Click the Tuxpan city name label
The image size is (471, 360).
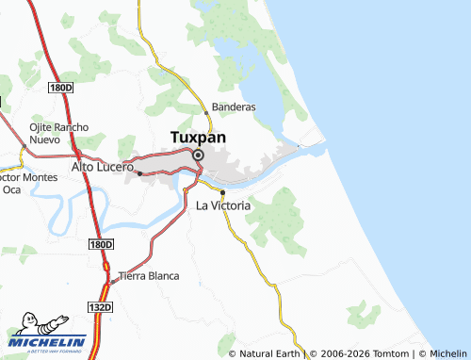[197, 137]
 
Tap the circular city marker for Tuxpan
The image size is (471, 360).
[198, 155]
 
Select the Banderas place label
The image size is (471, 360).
[235, 107]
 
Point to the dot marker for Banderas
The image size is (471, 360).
[207, 114]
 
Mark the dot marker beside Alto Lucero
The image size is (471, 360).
[139, 172]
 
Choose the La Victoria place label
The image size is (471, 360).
[223, 205]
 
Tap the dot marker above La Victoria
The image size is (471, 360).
[222, 192]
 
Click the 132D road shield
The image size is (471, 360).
[102, 307]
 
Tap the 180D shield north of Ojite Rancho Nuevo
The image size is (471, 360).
[61, 88]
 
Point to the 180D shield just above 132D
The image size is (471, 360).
[102, 244]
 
